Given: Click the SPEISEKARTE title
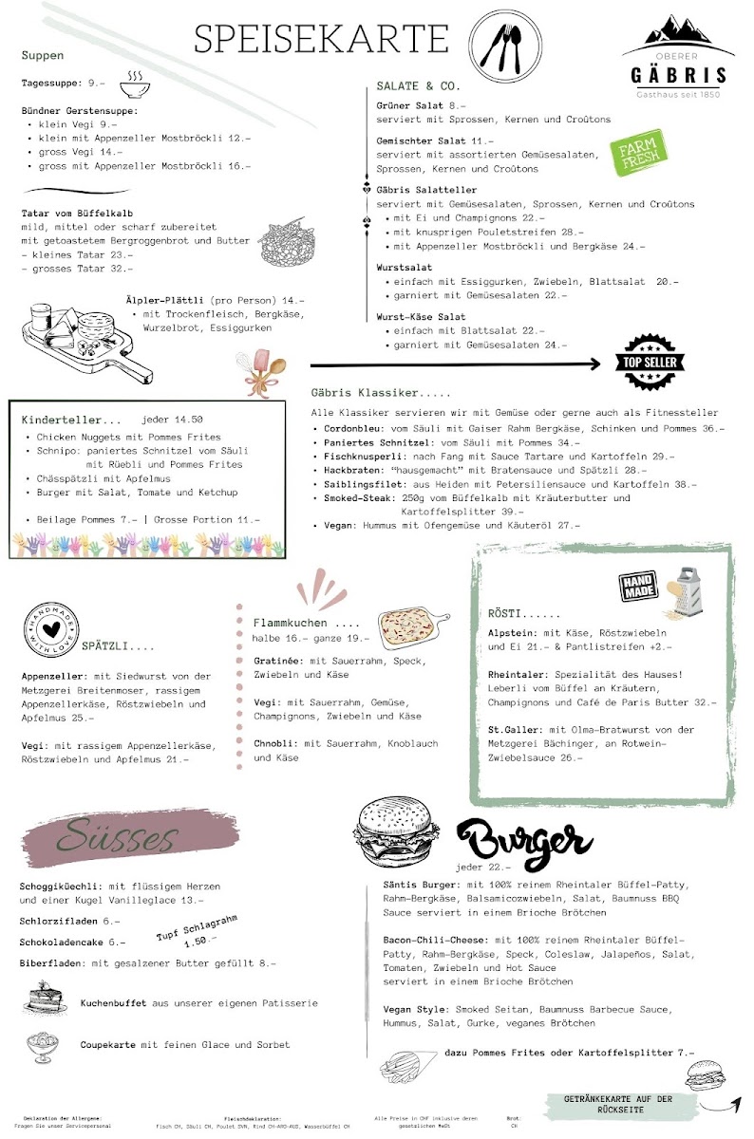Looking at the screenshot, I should (x=321, y=39).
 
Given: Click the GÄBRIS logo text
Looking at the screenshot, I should (x=679, y=76).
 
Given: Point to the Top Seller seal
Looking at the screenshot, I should (x=653, y=363).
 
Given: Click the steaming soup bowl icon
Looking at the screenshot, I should (x=134, y=85).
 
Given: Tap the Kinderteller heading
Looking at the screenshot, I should (x=72, y=420).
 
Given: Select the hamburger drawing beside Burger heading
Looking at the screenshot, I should (x=399, y=832).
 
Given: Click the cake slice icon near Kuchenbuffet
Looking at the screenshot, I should (x=42, y=1000).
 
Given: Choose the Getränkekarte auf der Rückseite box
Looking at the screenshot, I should (x=618, y=1104).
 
